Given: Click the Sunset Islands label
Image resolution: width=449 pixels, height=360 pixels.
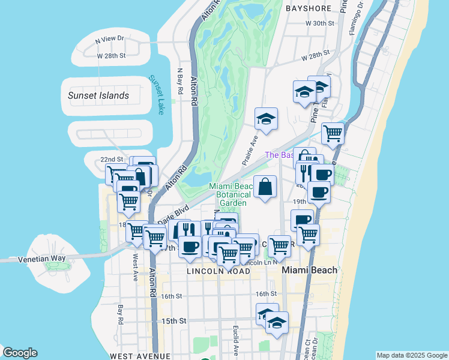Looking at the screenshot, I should [x=98, y=95].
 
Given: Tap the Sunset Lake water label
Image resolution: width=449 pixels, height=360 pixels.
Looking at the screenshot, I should [x=156, y=94].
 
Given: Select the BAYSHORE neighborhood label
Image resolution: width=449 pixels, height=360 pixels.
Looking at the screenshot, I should [x=309, y=8].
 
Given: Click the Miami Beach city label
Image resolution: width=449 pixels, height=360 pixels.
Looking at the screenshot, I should [x=310, y=270].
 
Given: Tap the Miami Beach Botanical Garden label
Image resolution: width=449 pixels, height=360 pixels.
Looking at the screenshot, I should [x=232, y=194].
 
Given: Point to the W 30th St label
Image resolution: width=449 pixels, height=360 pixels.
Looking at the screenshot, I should [x=319, y=23].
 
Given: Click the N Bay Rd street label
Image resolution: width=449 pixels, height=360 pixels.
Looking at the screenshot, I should [x=179, y=80].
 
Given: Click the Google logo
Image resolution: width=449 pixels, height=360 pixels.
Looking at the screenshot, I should [x=20, y=353].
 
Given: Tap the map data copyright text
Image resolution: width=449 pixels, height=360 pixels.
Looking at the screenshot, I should [x=411, y=355].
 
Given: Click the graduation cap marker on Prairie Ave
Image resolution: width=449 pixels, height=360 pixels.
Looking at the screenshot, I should [x=265, y=118].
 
